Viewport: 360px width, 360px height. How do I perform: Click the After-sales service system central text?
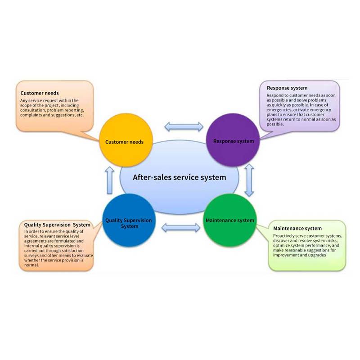coord(180,177)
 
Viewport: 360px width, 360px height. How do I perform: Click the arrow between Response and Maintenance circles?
coord(249,180)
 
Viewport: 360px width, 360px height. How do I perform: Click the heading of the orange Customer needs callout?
coord(40,93)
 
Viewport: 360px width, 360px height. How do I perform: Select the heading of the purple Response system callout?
coord(287,88)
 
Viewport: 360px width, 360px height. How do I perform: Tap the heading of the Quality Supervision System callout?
coord(57,225)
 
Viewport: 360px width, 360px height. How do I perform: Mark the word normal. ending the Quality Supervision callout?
coord(32,265)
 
